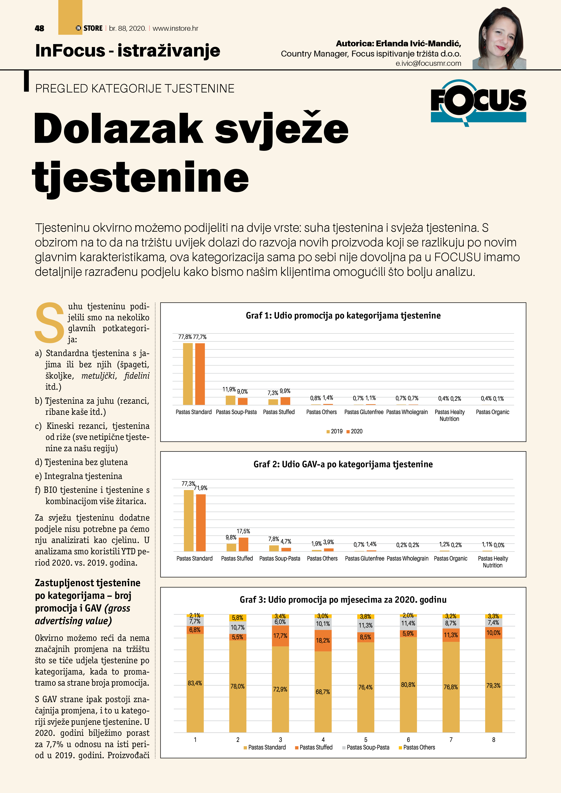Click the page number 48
point(39,28)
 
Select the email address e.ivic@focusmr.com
point(428,64)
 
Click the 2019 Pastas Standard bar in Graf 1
point(188,374)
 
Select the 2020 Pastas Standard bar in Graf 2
point(201,523)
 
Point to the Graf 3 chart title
point(343,599)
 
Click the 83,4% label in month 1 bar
point(195,683)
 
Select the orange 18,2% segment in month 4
point(323,641)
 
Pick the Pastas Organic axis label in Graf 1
point(492,412)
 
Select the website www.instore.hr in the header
point(175,28)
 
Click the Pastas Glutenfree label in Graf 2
point(364,559)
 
